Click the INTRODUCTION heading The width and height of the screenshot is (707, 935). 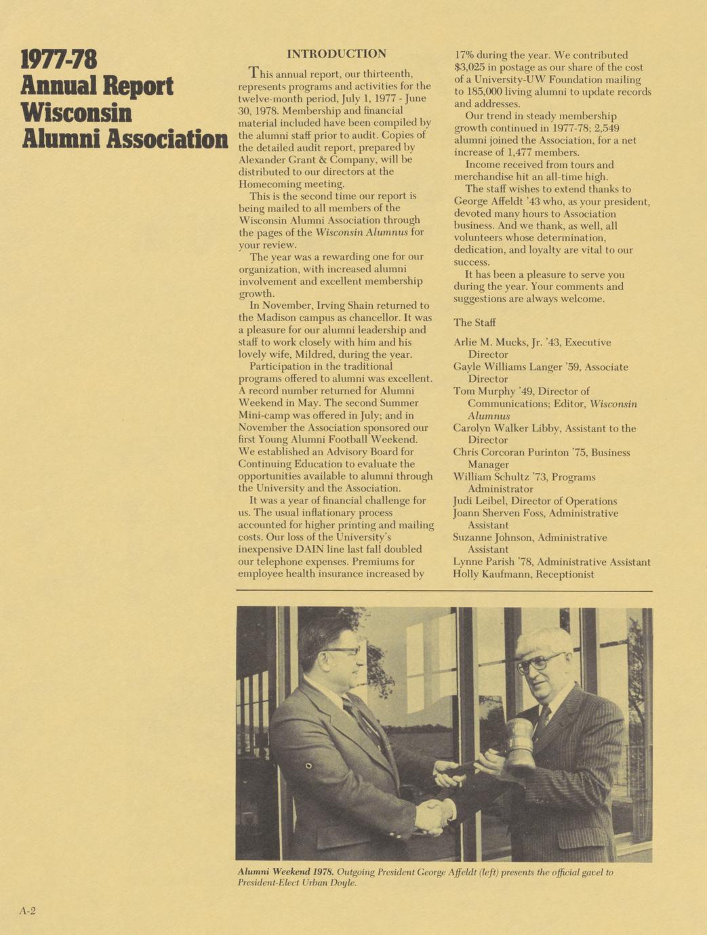pos(336,54)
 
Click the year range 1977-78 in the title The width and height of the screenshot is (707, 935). pos(59,60)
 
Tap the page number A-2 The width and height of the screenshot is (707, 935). pos(27,911)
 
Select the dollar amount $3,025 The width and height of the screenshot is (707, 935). pos(472,68)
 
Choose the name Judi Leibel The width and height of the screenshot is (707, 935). pos(478,501)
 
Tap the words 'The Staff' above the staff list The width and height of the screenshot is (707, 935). pos(474,323)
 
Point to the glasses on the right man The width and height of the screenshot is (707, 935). pos(540,662)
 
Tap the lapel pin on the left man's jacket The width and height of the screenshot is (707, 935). pos(308,766)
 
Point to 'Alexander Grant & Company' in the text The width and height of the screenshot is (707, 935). pos(305,159)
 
